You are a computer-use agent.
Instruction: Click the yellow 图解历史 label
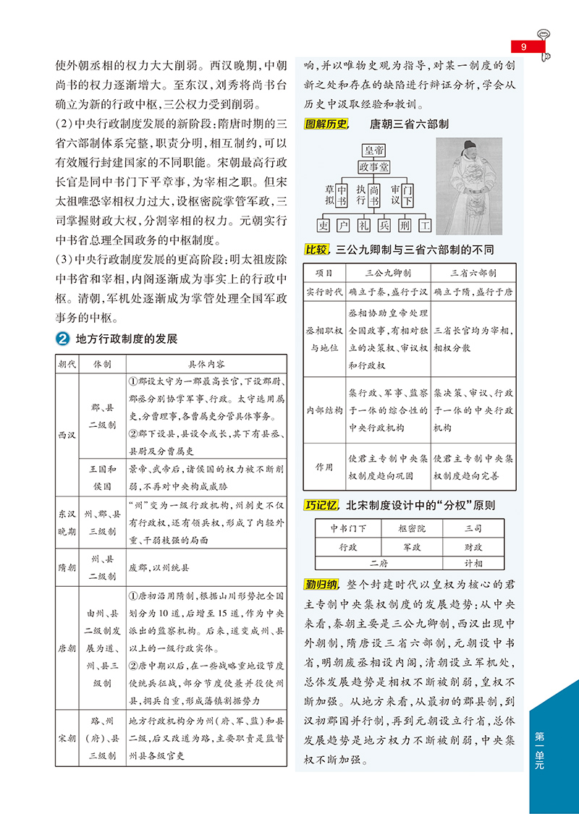[x=326, y=124]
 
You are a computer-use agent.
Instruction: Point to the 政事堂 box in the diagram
[x=374, y=168]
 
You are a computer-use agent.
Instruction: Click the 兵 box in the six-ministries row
[x=384, y=225]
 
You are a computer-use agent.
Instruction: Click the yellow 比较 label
[x=316, y=250]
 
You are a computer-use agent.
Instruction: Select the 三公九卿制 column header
[x=388, y=274]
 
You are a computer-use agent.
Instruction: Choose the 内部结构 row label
[x=323, y=410]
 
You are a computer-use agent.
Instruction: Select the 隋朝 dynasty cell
[x=67, y=568]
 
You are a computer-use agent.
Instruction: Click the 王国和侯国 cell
[x=102, y=476]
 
